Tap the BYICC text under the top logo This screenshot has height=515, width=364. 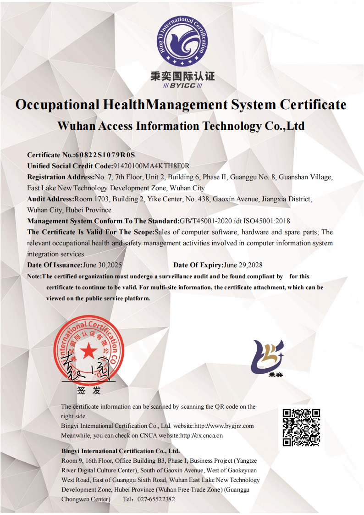(182, 86)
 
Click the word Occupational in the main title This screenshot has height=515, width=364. (57, 105)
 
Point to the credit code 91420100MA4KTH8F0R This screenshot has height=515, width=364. (151, 166)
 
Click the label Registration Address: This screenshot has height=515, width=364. (61, 177)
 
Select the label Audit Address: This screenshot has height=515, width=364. (50, 199)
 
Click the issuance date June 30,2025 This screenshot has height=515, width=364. (102, 265)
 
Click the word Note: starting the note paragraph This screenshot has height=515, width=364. (34, 277)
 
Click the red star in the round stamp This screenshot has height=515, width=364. (89, 352)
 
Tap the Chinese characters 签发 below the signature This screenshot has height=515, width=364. (88, 391)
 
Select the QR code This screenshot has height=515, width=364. (301, 427)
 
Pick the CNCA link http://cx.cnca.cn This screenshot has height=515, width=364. (201, 435)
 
